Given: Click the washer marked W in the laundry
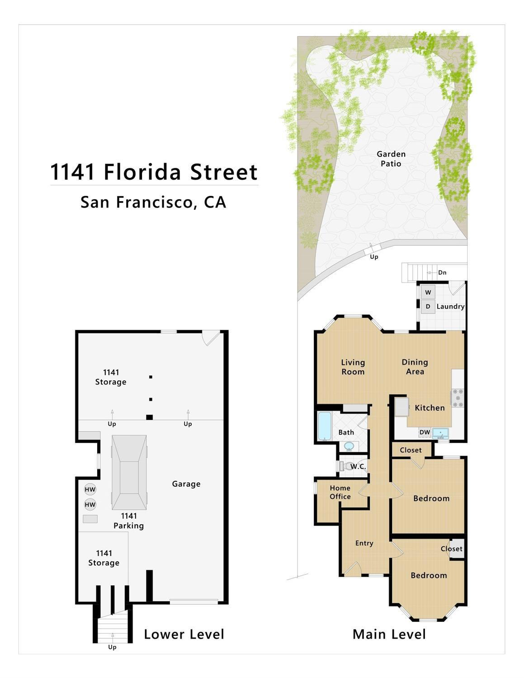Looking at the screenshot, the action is click(428, 292).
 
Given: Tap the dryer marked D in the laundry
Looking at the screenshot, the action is click(428, 307).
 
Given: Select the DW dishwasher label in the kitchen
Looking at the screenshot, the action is click(425, 432).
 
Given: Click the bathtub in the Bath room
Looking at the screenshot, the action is click(325, 426).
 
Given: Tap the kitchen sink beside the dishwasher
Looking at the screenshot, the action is click(440, 433).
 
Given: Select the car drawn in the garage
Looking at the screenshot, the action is click(129, 472).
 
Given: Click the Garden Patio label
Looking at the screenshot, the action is click(391, 158).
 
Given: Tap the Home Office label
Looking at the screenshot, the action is click(340, 492).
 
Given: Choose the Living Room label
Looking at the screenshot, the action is click(353, 367).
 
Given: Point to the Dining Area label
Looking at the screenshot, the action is click(415, 367).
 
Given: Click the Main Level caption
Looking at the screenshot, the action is click(389, 634).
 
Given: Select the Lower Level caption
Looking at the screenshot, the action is click(184, 634).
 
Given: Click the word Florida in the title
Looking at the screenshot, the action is click(142, 172).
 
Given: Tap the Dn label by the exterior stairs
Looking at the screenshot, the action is click(442, 272).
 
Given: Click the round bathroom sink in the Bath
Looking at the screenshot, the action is click(349, 446).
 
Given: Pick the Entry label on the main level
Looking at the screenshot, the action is click(364, 543).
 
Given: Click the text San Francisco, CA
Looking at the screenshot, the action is click(153, 202).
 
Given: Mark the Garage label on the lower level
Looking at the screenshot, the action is click(186, 484).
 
